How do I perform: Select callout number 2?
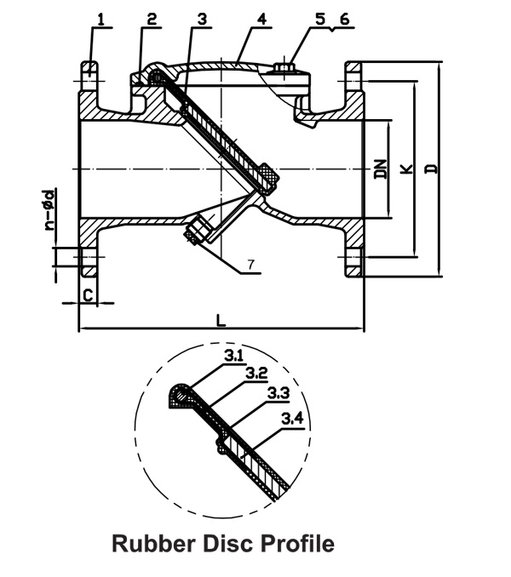point(152,17)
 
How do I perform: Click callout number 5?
point(320,16)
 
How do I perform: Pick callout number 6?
point(343,16)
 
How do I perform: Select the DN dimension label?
point(381,170)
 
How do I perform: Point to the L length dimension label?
point(221,321)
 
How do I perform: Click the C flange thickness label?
point(87,294)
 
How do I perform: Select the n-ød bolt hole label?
point(52,209)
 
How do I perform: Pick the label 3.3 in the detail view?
point(277,393)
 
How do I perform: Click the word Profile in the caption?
point(299,544)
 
